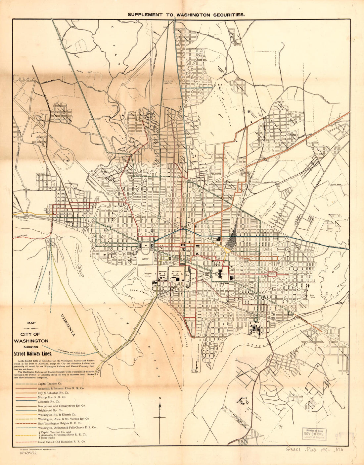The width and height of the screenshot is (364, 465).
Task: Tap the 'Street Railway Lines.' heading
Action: (x=32, y=353)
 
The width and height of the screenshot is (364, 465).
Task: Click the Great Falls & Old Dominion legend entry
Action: (x=62, y=441)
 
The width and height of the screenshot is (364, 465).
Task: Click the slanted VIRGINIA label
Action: (x=68, y=325)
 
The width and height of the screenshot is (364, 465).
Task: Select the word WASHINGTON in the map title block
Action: (x=31, y=340)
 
